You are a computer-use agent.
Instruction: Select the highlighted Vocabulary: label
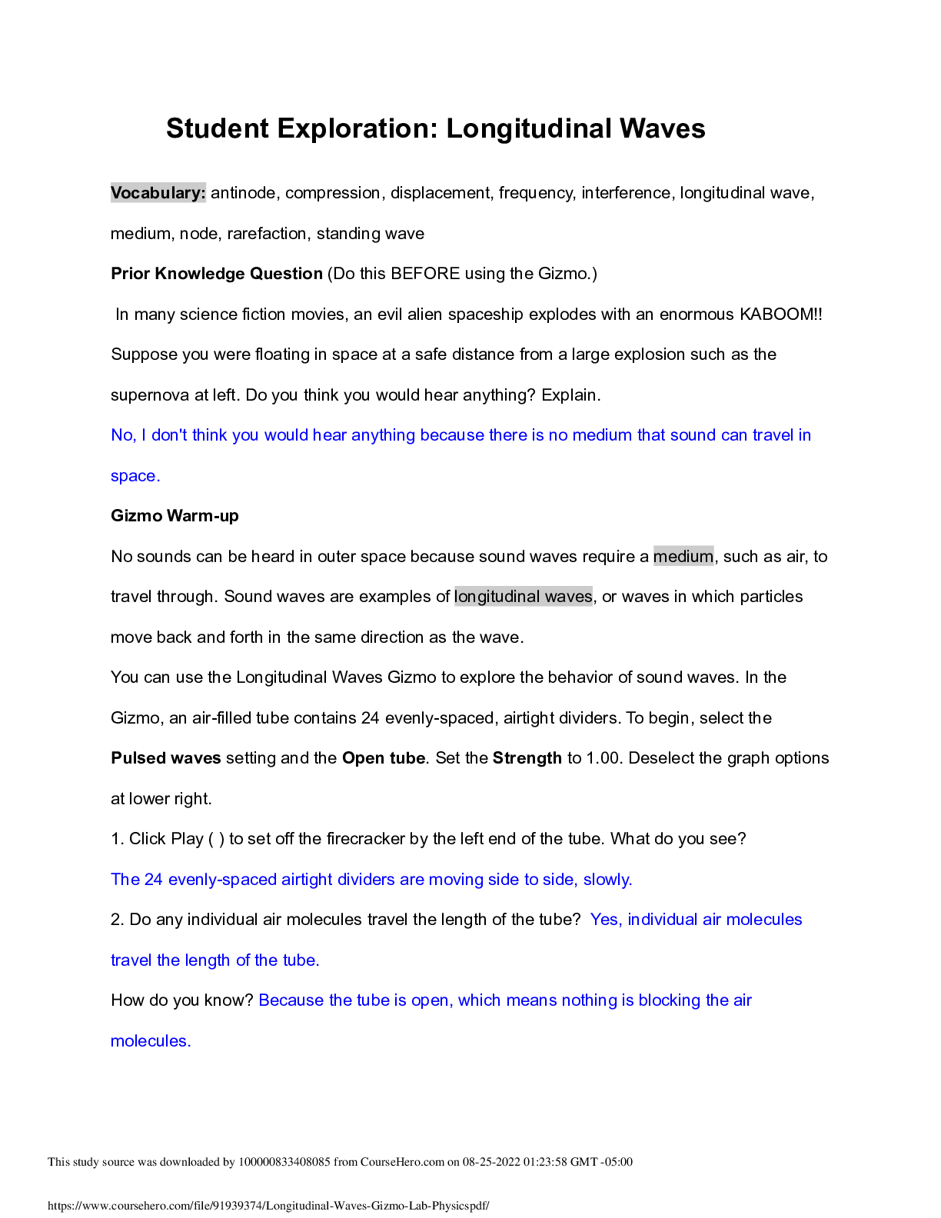tap(158, 193)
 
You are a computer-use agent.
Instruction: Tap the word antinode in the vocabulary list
tap(243, 193)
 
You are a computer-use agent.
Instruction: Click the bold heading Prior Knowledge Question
tap(217, 274)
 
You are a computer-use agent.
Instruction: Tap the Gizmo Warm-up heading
tap(175, 516)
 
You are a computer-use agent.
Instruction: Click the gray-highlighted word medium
tap(683, 557)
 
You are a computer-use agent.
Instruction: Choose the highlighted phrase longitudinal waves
tap(523, 597)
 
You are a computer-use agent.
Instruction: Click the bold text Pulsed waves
tap(166, 758)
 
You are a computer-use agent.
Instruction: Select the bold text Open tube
tap(383, 758)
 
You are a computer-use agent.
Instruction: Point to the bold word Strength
tap(527, 758)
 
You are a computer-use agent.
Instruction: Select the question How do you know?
tap(182, 1000)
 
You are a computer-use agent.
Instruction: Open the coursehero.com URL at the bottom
tap(268, 1206)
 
